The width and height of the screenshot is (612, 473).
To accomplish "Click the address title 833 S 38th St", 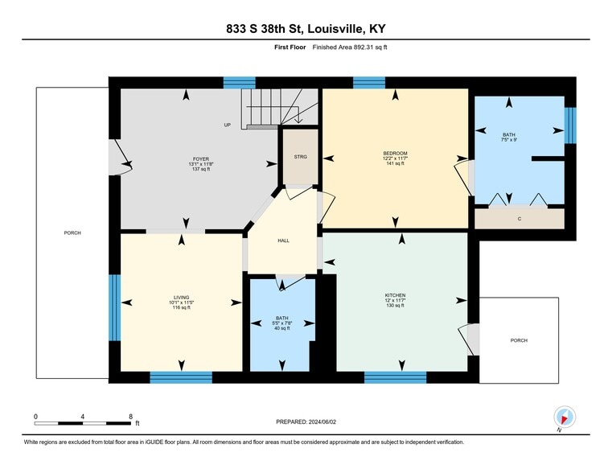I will click(x=306, y=30).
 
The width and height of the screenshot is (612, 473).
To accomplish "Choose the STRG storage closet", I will click(x=301, y=157).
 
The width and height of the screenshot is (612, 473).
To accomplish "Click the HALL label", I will click(x=283, y=241).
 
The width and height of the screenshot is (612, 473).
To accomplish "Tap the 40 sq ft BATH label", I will click(x=282, y=323).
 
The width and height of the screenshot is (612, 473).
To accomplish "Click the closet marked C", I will click(x=520, y=219).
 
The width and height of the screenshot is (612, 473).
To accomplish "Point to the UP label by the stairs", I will click(x=228, y=125).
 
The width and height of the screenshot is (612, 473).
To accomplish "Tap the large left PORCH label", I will click(x=72, y=232).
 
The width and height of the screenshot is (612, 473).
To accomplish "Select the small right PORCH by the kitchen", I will click(x=519, y=340).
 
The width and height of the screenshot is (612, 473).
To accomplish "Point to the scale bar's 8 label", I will click(x=130, y=416).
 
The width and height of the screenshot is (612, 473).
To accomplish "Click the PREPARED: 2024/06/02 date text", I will click(x=306, y=422).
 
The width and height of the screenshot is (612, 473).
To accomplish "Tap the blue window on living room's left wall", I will click(x=114, y=303).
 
